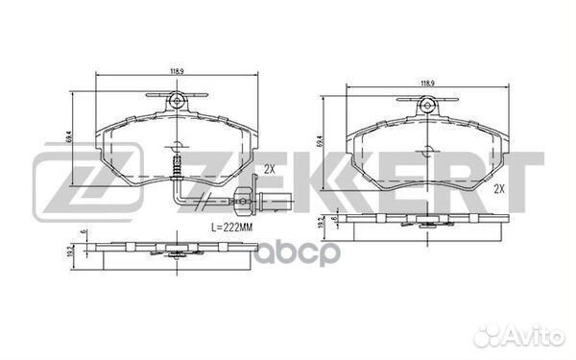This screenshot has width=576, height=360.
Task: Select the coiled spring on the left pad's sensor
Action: coord(176,171)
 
